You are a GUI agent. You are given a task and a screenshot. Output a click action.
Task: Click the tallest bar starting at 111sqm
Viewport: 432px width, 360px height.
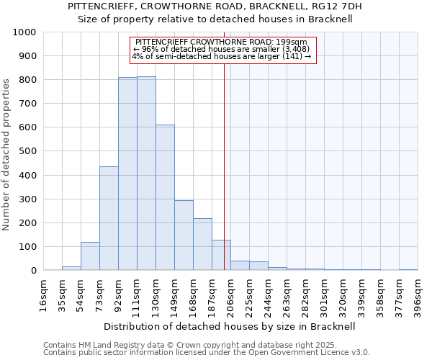click(146, 174)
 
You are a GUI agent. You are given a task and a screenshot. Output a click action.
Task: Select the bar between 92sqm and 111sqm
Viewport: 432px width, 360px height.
click(127, 174)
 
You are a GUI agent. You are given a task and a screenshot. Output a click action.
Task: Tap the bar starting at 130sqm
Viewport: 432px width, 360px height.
click(165, 198)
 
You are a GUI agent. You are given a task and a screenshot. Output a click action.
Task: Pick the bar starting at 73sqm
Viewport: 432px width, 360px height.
click(109, 219)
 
